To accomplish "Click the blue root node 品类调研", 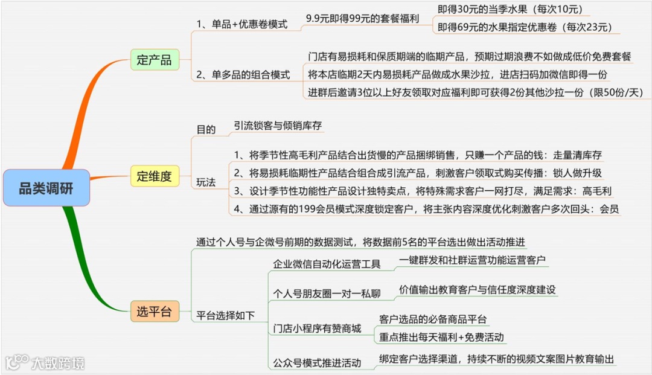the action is (x=46, y=188).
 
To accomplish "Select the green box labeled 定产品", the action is (x=155, y=60).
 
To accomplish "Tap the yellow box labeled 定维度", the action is (x=155, y=176).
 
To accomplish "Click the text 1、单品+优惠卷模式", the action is (x=241, y=25).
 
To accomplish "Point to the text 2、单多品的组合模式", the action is (x=243, y=75).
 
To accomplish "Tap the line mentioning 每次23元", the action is (x=525, y=27).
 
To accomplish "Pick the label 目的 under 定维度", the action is (x=206, y=129).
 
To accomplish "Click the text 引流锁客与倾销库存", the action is (x=278, y=126).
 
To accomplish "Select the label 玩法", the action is (x=206, y=182).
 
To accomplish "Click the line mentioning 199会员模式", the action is (x=426, y=209).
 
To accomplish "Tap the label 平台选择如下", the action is (x=226, y=315).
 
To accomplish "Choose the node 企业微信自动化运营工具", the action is (x=327, y=264).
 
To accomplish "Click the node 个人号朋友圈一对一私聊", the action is (x=327, y=294).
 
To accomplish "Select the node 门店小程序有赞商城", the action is (x=317, y=328).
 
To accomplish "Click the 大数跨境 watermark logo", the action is (x=45, y=362).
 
